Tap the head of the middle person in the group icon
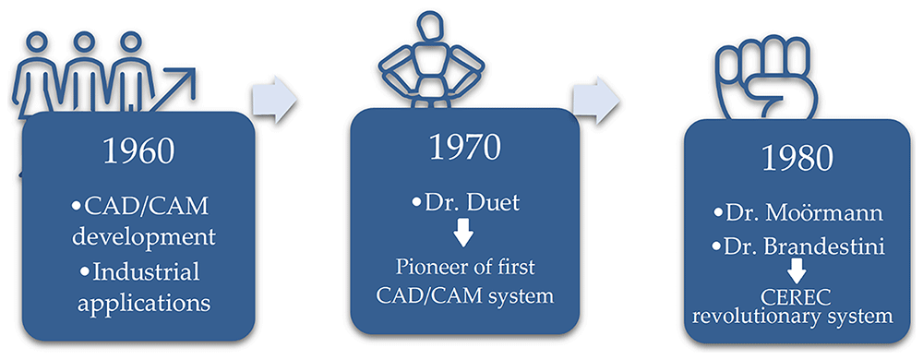(x=84, y=43)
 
